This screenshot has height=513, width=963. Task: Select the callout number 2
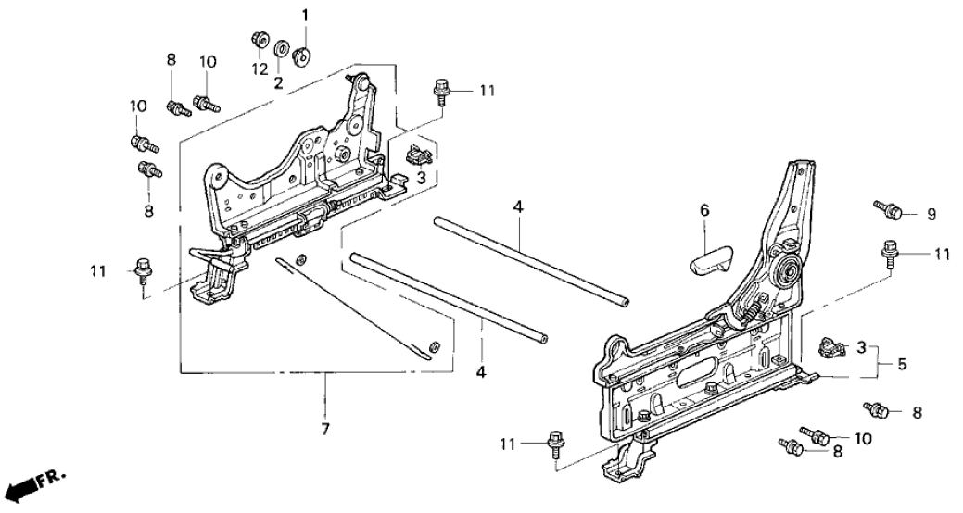(x=278, y=81)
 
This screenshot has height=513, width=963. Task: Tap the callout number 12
(x=259, y=69)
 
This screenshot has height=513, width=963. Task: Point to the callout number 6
(x=704, y=211)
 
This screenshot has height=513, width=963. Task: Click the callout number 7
(x=326, y=431)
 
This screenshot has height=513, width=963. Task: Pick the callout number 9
(x=931, y=214)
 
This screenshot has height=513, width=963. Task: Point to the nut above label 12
(x=259, y=40)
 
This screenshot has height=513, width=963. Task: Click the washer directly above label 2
(x=280, y=48)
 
